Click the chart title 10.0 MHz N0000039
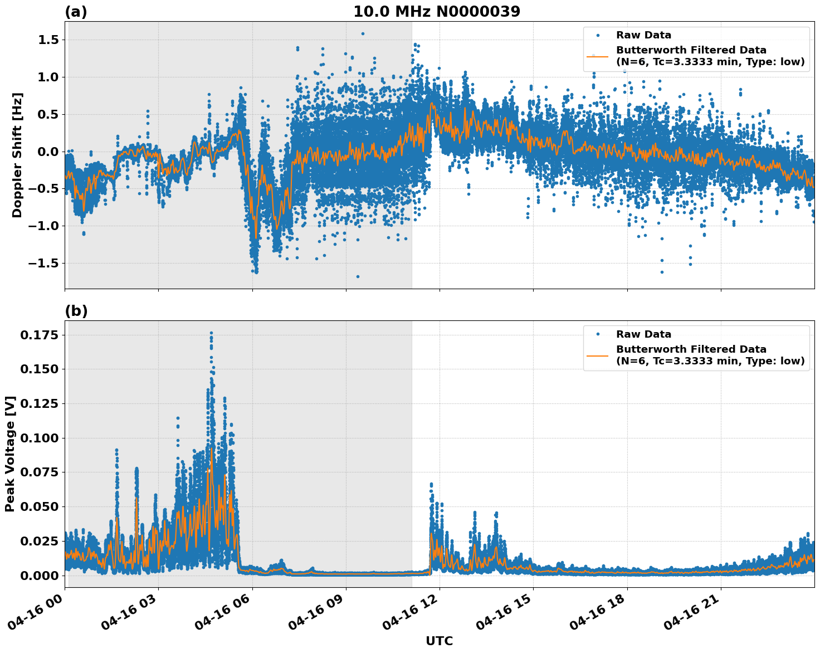pyautogui.click(x=437, y=12)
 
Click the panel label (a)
pyautogui.click(x=76, y=12)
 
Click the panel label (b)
pyautogui.click(x=76, y=311)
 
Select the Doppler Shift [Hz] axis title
pyautogui.click(x=17, y=155)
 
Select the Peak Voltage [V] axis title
pyautogui.click(x=10, y=454)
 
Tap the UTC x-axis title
pyautogui.click(x=439, y=641)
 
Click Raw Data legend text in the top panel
pyautogui.click(x=643, y=35)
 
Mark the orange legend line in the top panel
pyautogui.click(x=597, y=56)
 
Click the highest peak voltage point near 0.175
pyautogui.click(x=211, y=333)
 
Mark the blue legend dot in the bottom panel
pyautogui.click(x=597, y=334)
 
